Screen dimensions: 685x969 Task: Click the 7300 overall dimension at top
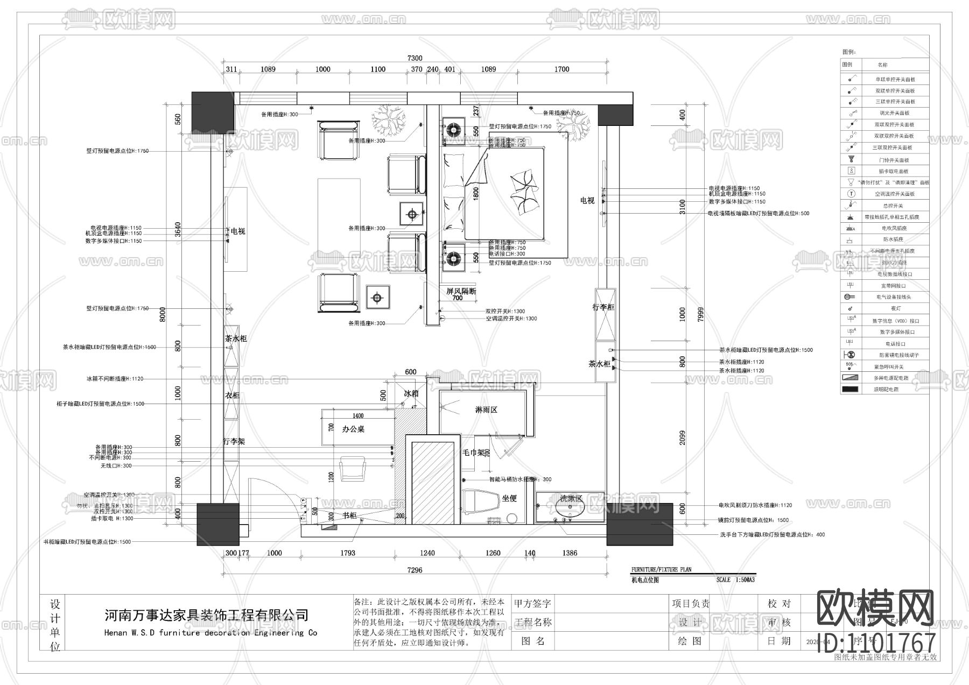click(x=415, y=58)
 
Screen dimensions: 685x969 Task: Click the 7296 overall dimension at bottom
click(x=415, y=570)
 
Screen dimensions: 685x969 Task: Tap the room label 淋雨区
click(x=486, y=410)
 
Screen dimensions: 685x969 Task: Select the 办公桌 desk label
click(x=354, y=429)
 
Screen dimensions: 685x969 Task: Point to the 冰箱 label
click(x=411, y=393)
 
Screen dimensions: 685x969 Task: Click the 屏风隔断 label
click(x=461, y=291)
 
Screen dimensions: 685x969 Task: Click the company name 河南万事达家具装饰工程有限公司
click(x=206, y=615)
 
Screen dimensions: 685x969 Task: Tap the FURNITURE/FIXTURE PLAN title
click(x=661, y=569)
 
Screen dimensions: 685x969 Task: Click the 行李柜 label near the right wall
click(x=603, y=307)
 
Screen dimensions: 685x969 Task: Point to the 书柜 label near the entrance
click(x=349, y=515)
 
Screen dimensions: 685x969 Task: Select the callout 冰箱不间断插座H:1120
click(x=115, y=379)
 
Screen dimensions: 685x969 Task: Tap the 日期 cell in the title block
click(x=780, y=641)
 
